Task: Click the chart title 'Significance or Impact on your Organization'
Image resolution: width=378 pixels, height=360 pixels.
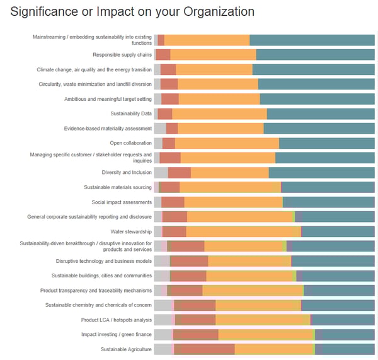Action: click(132, 12)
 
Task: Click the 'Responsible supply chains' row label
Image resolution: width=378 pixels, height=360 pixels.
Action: click(122, 55)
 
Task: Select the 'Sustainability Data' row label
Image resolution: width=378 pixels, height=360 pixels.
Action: click(131, 114)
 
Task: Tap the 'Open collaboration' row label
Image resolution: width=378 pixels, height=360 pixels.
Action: click(130, 143)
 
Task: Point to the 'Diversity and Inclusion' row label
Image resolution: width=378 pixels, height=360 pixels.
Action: click(127, 173)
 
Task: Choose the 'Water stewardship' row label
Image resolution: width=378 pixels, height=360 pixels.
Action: click(131, 231)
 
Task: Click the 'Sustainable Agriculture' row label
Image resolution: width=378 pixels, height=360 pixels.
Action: click(126, 349)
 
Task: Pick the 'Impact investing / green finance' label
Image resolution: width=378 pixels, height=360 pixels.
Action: click(117, 334)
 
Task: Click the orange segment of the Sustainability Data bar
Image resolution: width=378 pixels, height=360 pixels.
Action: click(219, 114)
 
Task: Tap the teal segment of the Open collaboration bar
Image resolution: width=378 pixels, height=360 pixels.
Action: click(327, 143)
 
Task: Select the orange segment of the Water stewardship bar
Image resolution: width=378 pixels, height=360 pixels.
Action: click(243, 231)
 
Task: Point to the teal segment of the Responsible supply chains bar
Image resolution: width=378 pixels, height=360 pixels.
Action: click(315, 55)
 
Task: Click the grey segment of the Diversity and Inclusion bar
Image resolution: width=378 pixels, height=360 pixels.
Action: click(161, 173)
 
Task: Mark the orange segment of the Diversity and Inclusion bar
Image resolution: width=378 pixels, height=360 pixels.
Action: click(229, 173)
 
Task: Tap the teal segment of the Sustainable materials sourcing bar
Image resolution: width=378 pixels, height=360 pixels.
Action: click(328, 187)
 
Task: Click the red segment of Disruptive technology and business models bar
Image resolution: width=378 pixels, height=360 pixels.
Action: click(189, 261)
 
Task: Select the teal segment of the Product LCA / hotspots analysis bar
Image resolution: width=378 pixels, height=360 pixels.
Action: click(343, 320)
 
